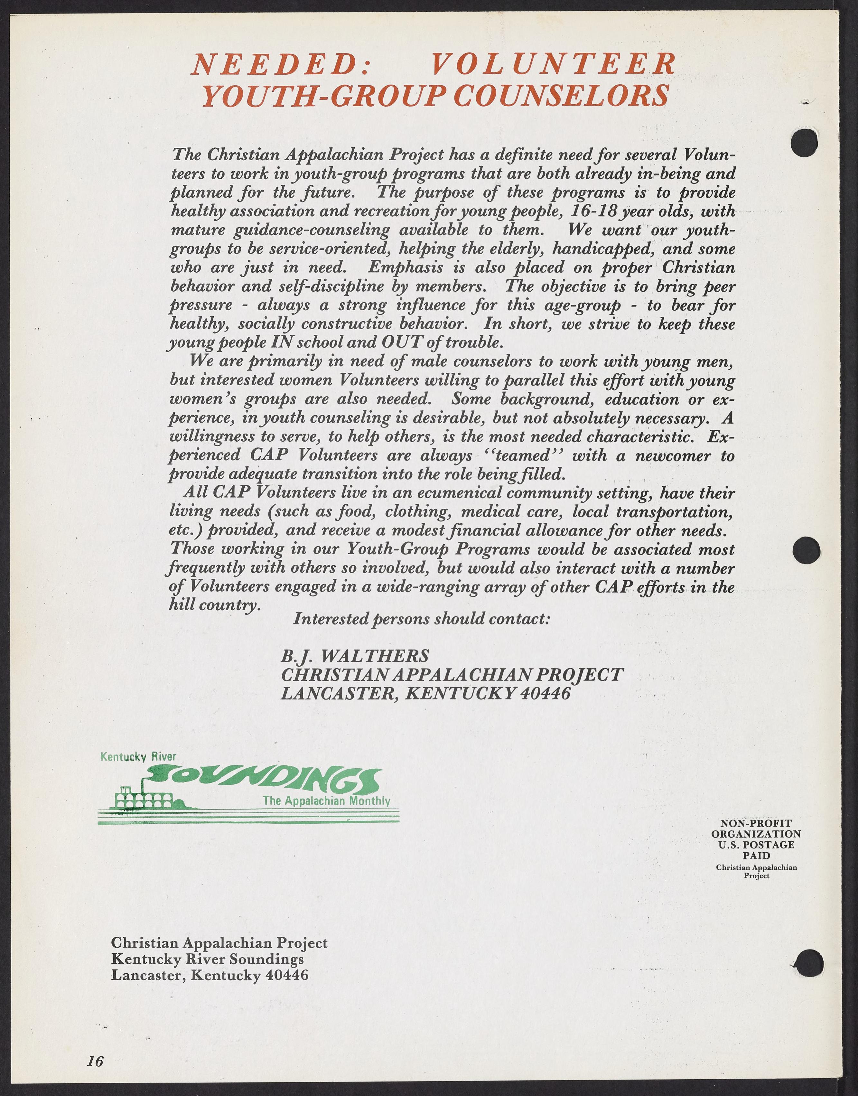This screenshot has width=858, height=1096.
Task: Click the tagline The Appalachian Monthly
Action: (327, 800)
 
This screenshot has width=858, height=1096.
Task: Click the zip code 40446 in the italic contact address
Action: (545, 694)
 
